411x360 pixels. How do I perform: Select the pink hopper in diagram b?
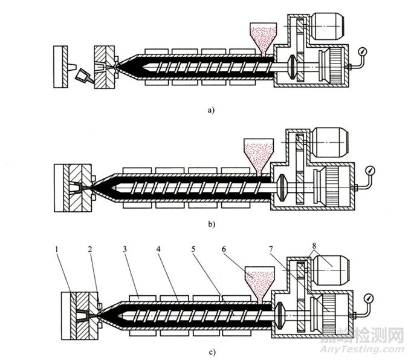click(256, 154)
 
